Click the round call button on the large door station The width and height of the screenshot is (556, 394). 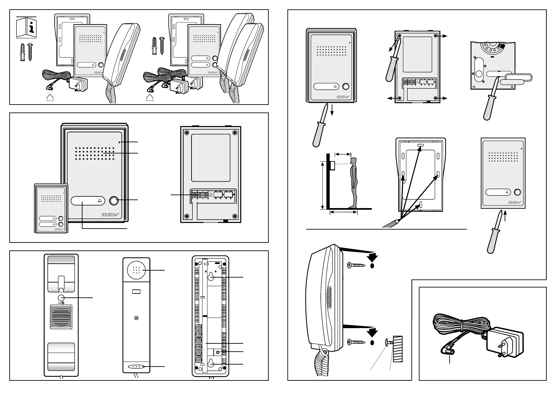coord(114,200)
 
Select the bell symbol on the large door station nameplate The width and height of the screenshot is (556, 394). coord(99,201)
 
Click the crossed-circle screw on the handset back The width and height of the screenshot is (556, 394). coord(136,318)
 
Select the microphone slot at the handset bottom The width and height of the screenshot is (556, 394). coord(136,367)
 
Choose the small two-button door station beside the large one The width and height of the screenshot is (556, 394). coord(51,208)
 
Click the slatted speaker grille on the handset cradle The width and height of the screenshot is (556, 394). coord(61,317)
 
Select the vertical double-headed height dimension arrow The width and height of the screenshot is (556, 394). coord(323,185)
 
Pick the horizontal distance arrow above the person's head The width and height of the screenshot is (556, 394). coord(343,154)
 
